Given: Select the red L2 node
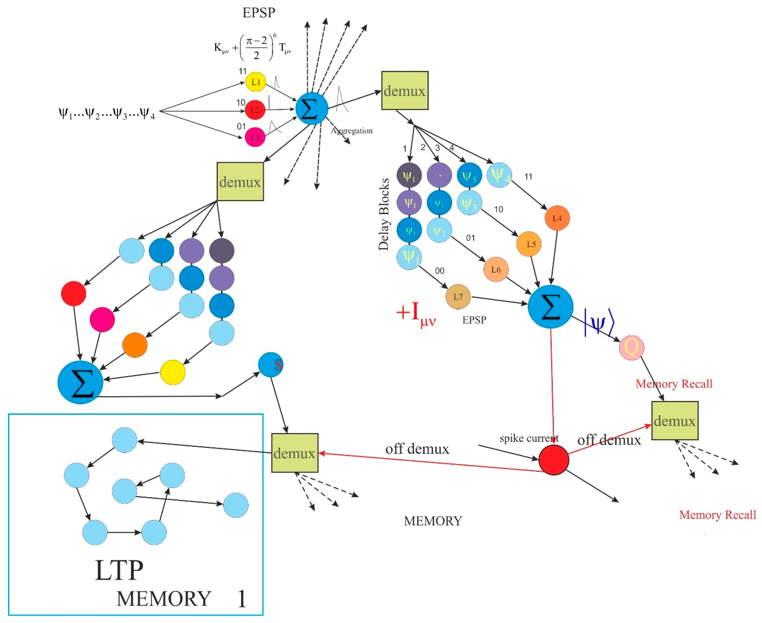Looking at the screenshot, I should coord(255,110).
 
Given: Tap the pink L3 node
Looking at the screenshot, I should coord(255,137).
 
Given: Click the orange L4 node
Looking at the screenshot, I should coord(557,218).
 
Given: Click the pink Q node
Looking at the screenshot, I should coord(631,347).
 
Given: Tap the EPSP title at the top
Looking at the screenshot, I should coord(259,13).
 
